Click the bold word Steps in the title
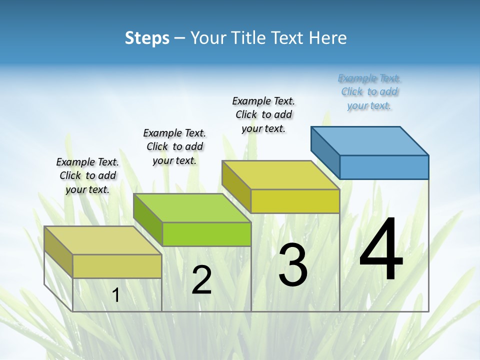pos(146,38)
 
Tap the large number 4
pos(381,250)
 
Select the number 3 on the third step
pos(292,265)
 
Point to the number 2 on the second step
pos(201,280)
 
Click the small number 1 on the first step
pos(116,295)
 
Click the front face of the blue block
pos(384,167)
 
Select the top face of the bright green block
pos(192,208)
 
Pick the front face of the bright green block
pos(206,234)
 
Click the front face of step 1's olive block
pos(117,266)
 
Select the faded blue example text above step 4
pos(369,92)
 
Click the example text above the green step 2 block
pos(174,146)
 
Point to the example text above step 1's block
pos(87,175)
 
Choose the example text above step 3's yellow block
pos(263,114)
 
